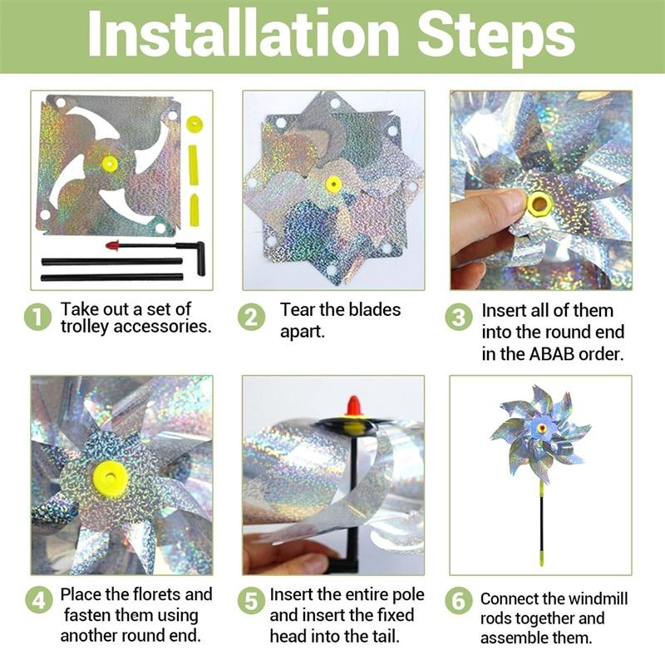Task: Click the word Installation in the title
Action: tap(244, 34)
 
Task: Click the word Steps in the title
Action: tap(495, 39)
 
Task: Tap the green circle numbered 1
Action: tap(37, 318)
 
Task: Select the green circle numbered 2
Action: tap(251, 318)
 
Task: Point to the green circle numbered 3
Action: tap(459, 318)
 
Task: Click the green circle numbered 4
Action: tap(38, 600)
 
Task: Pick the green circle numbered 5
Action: tap(251, 600)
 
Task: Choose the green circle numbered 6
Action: tap(459, 600)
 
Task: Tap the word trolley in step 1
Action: tap(85, 327)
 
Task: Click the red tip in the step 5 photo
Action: tap(354, 406)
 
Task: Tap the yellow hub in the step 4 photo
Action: tap(111, 478)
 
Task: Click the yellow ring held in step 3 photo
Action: tap(539, 204)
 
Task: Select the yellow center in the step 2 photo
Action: tap(334, 185)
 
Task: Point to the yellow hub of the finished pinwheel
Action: tap(542, 427)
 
